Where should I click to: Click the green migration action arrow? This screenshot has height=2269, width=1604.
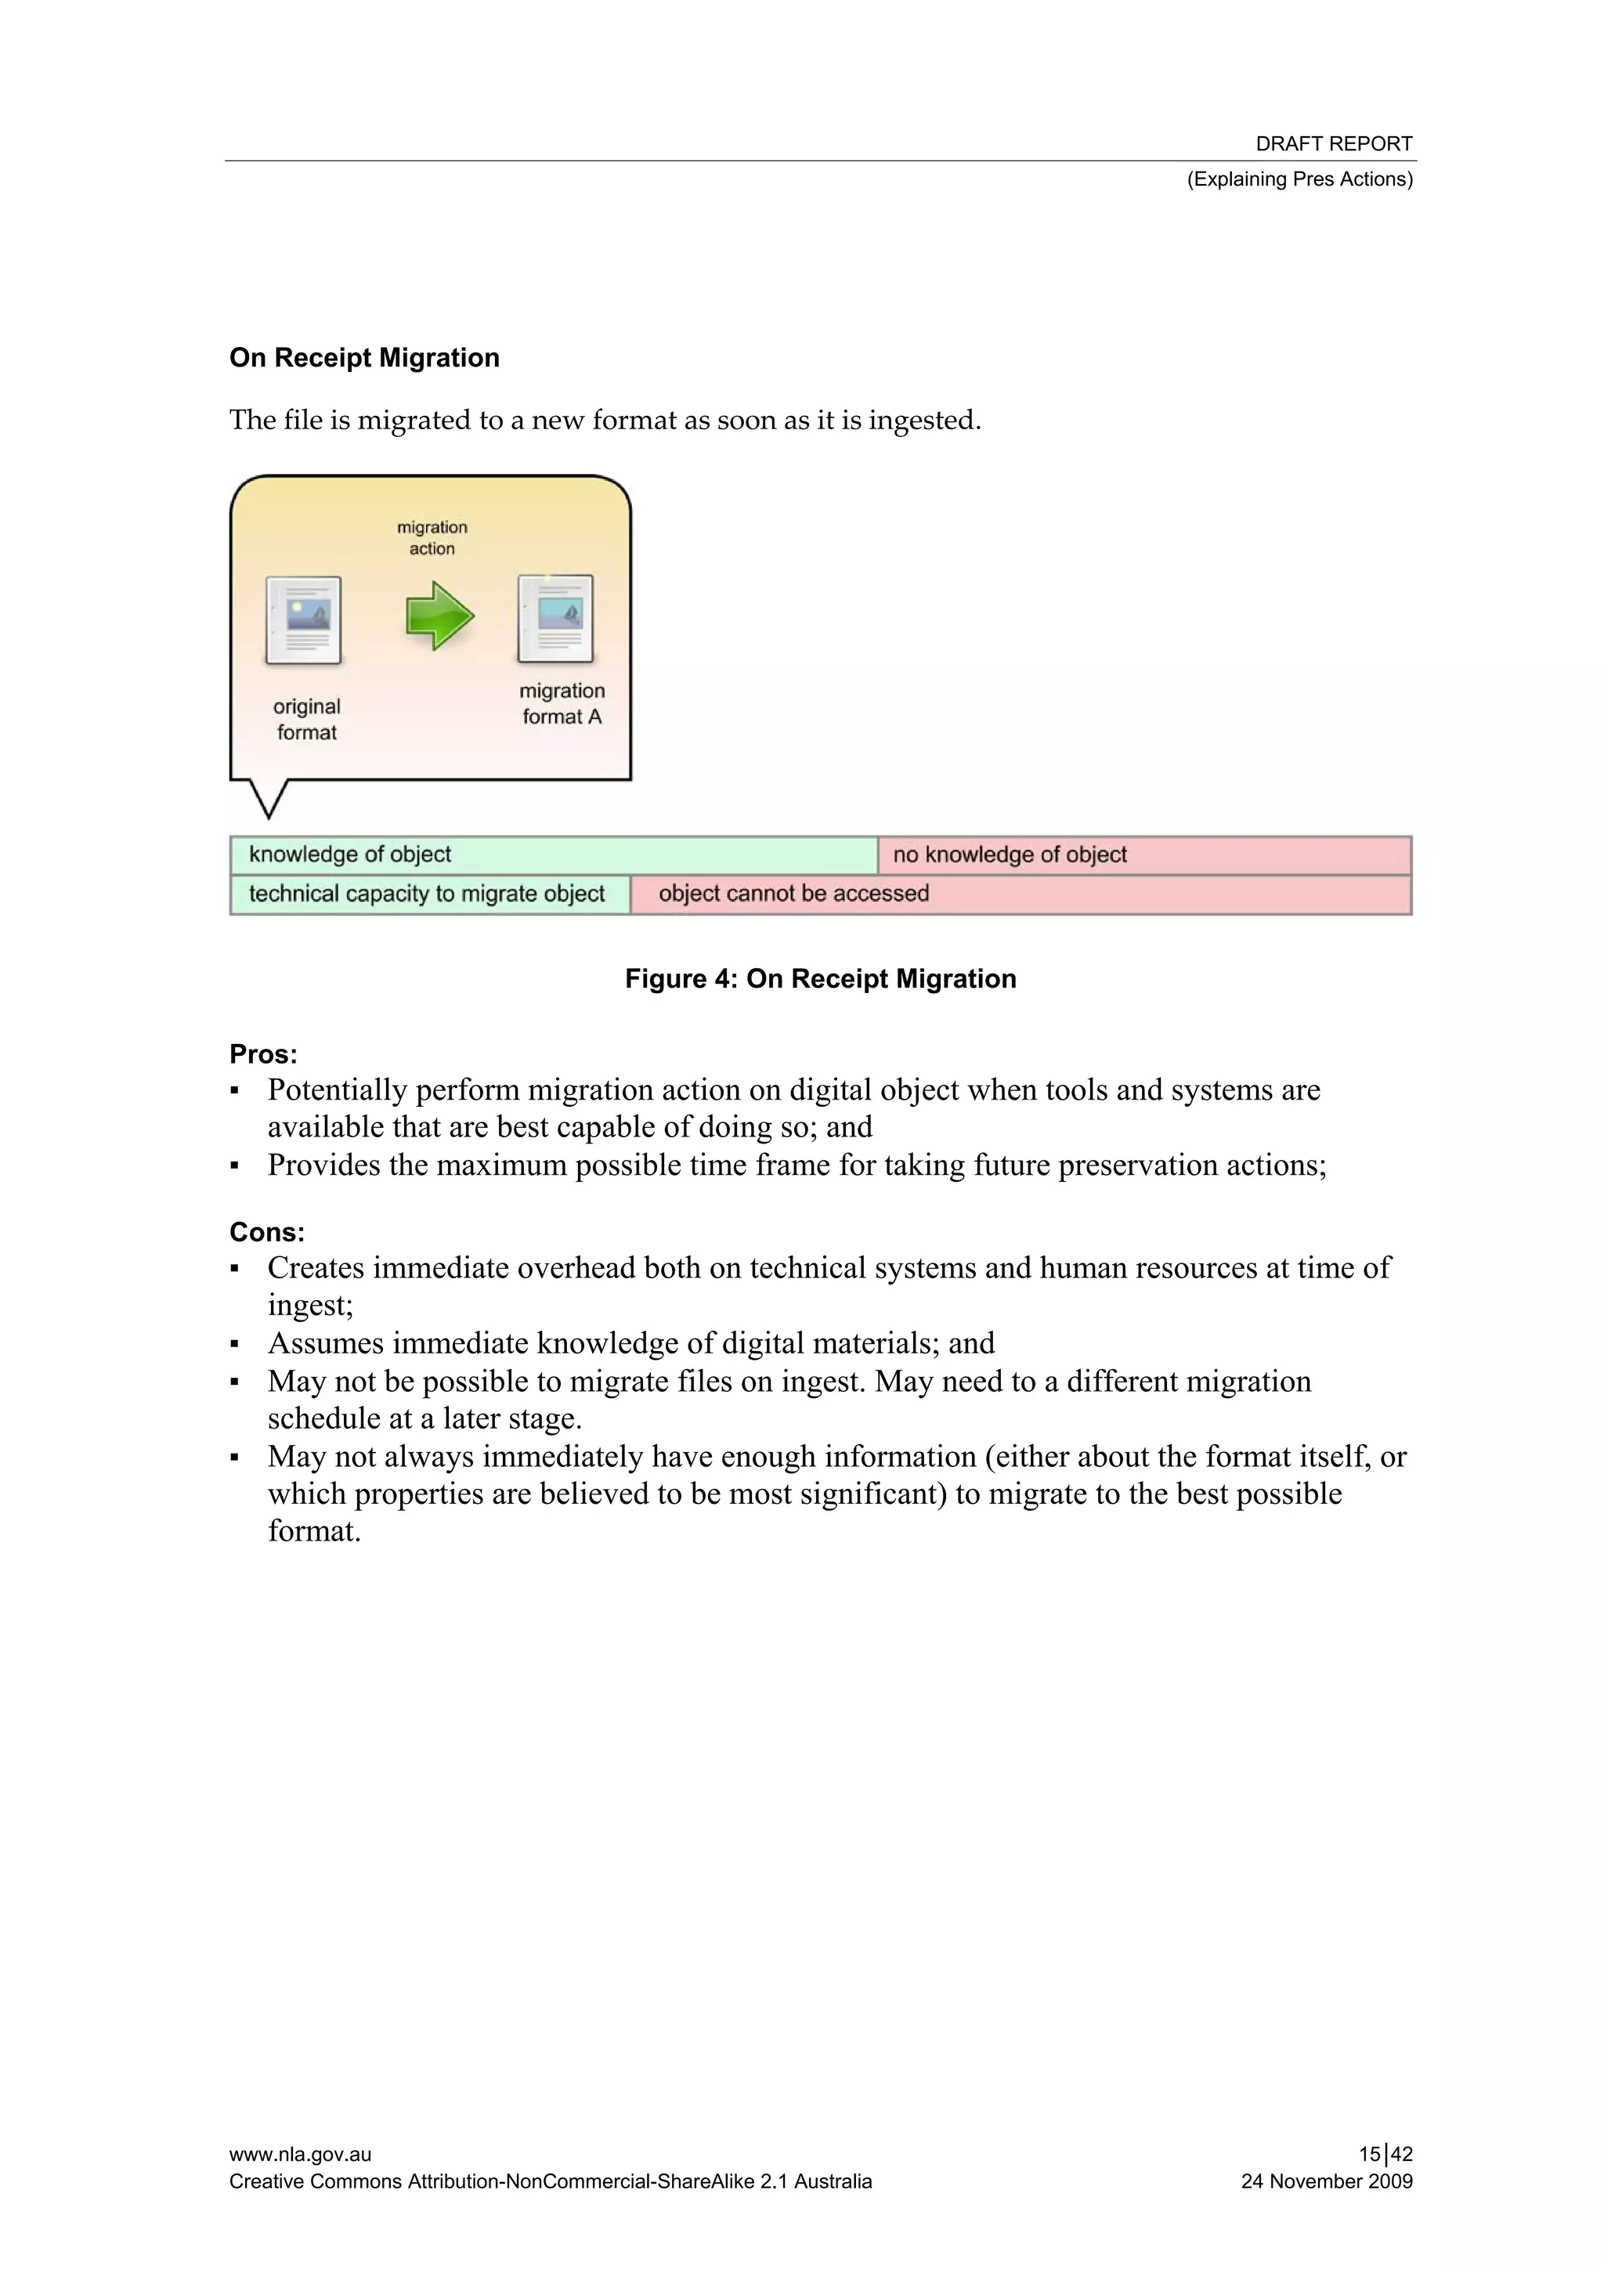(440, 616)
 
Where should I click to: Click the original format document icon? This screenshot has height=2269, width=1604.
(303, 620)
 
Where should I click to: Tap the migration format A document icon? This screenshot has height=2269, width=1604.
(555, 619)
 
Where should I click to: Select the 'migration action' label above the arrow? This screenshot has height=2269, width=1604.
(432, 537)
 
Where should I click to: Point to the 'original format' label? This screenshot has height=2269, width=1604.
(306, 720)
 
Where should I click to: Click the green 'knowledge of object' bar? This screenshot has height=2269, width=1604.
(554, 854)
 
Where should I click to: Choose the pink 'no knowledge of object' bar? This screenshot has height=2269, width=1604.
(1143, 854)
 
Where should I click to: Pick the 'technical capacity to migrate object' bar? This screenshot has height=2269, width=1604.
(429, 894)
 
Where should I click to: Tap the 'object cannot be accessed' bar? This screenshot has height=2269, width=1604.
(1020, 894)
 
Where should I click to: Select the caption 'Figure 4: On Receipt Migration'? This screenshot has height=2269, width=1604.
(820, 978)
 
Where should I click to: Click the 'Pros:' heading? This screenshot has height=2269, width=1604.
(263, 1054)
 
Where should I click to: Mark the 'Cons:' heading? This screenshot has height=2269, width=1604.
(267, 1232)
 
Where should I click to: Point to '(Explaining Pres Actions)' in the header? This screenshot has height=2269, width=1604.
(1299, 179)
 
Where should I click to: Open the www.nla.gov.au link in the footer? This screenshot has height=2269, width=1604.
(301, 2155)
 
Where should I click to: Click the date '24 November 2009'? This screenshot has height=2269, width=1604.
(1326, 2181)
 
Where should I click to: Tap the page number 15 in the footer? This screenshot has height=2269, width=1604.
(1369, 2155)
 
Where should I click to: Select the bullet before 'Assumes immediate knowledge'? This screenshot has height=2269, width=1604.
(234, 1345)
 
